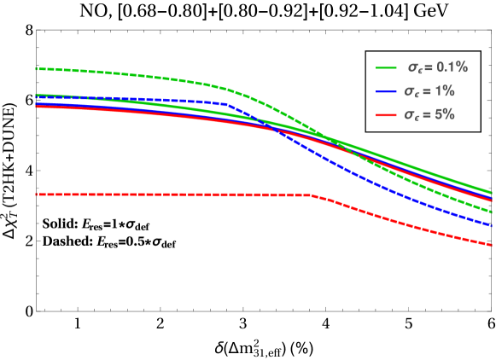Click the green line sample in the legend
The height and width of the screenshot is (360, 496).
click(x=387, y=67)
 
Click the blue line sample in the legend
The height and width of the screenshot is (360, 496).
click(x=387, y=90)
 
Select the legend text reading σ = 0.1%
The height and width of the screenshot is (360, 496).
click(x=436, y=67)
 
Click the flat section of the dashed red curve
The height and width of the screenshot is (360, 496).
click(x=171, y=195)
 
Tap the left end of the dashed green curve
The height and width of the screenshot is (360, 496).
click(x=37, y=68)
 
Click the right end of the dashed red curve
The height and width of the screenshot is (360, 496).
click(x=493, y=245)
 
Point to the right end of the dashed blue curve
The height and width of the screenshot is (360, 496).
click(x=493, y=226)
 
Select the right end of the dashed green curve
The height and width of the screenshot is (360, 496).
click(x=493, y=212)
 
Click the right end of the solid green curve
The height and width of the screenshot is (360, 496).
click(x=493, y=193)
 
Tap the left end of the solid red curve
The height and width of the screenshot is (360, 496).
click(x=37, y=107)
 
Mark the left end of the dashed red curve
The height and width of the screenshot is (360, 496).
click(x=37, y=195)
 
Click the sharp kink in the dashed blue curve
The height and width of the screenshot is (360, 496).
click(x=226, y=103)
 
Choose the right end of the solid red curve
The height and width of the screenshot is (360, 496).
click(x=493, y=200)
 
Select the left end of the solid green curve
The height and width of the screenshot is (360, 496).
click(x=37, y=95)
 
